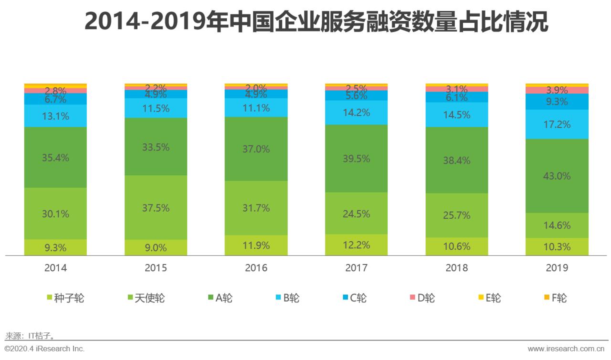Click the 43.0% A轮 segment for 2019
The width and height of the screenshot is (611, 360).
557,176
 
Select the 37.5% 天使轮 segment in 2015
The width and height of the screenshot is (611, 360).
156,208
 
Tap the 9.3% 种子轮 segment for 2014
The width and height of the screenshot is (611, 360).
55,247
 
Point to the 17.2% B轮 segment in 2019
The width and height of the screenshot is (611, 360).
557,124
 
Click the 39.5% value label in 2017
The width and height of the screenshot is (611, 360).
356,159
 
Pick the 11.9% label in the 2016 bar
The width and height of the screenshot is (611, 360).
256,245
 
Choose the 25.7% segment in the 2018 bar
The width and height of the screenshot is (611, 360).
457,215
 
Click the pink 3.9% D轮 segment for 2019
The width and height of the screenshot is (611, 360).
557,90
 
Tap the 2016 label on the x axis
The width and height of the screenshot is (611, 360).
256,268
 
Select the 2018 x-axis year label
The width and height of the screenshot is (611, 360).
457,268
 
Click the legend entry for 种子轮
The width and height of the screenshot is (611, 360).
65,298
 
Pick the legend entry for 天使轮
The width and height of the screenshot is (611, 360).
145,298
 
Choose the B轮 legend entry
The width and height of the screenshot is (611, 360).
287,298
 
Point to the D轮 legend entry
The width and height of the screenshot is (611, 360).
422,298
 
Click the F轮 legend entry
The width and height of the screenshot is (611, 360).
555,298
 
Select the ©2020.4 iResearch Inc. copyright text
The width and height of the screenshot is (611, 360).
44,349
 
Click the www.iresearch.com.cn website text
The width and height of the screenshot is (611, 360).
567,349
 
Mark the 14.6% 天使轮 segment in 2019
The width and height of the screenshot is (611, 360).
557,225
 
